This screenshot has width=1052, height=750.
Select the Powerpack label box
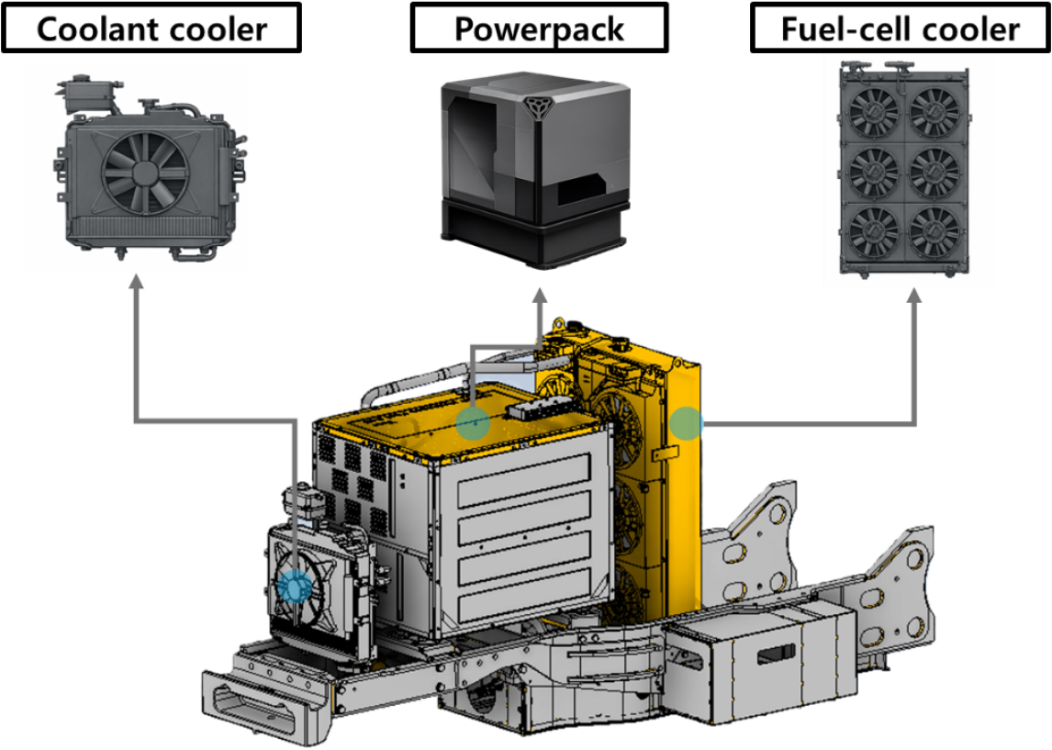[539, 28]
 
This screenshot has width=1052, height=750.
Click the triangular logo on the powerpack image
[536, 106]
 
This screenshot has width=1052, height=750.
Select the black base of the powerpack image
[533, 233]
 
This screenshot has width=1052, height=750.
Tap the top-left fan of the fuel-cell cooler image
[873, 111]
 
